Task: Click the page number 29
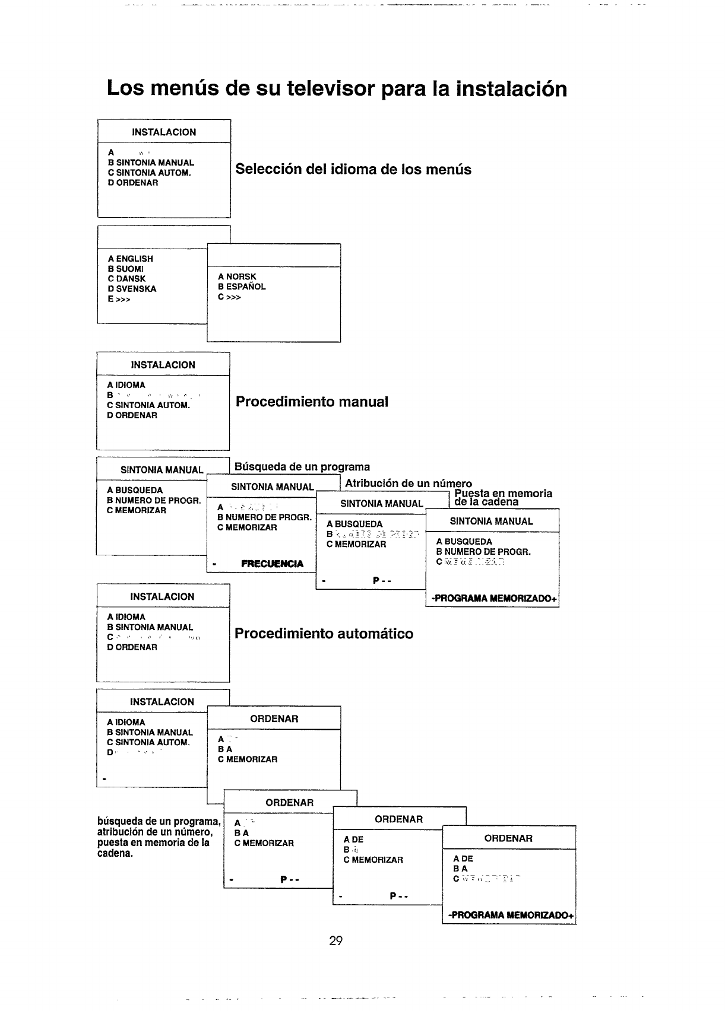[336, 940]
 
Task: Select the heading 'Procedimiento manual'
[312, 402]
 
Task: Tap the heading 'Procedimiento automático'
[324, 634]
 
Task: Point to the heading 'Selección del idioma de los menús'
[353, 169]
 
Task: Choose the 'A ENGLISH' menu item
[131, 259]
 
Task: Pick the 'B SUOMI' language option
[125, 269]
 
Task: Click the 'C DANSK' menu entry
[126, 279]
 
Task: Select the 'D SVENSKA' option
[132, 289]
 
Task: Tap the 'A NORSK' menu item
[237, 276]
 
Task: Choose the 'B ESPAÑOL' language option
[242, 287]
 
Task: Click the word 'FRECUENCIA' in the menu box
[272, 564]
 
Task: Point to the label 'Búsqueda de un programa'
[302, 467]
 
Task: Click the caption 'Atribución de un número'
[409, 483]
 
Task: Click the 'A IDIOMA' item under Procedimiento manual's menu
[126, 385]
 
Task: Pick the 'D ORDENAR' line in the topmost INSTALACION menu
[133, 183]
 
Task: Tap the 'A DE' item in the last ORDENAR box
[463, 859]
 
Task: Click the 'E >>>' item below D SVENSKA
[119, 299]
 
